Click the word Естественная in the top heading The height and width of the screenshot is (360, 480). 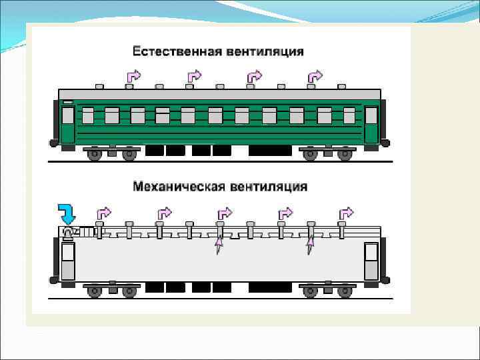[x=175, y=51]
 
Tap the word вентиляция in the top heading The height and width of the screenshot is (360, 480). [x=264, y=51]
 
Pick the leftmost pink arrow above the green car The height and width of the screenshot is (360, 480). [x=133, y=76]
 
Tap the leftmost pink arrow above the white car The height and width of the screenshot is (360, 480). [x=105, y=213]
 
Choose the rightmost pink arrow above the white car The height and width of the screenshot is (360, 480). [x=346, y=213]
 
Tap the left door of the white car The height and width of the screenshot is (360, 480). [x=68, y=261]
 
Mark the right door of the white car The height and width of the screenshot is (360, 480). [x=371, y=261]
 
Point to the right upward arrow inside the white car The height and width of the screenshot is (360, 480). [x=309, y=247]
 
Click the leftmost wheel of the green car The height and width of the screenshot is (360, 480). [x=95, y=155]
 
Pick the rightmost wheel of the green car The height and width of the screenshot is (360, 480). [x=345, y=155]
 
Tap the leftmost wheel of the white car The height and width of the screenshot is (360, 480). [x=95, y=291]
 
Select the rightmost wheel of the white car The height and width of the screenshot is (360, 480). [x=345, y=291]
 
